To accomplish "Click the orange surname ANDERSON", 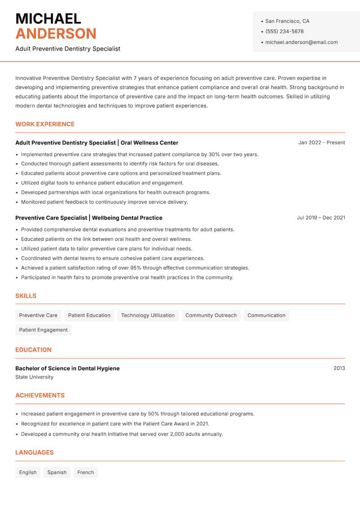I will pyautogui.click(x=56, y=34).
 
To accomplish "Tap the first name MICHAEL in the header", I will pyautogui.click(x=48, y=19).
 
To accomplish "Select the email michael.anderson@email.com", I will pyautogui.click(x=301, y=42).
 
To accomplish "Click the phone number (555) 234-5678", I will pyautogui.click(x=284, y=31).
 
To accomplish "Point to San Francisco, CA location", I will pyautogui.click(x=287, y=21).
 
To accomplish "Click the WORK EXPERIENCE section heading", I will pyautogui.click(x=45, y=124).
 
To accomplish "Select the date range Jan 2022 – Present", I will pyautogui.click(x=321, y=143).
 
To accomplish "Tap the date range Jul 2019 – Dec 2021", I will pyautogui.click(x=321, y=218).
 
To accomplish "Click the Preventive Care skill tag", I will pyautogui.click(x=38, y=315).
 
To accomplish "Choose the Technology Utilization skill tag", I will pyautogui.click(x=148, y=315).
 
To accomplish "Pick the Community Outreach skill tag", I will pyautogui.click(x=211, y=315).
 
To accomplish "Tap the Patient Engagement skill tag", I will pyautogui.click(x=43, y=330).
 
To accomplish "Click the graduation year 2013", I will pyautogui.click(x=339, y=368).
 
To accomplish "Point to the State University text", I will pyautogui.click(x=34, y=377).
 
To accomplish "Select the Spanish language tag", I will pyautogui.click(x=57, y=472).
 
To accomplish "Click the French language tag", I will pyautogui.click(x=85, y=472).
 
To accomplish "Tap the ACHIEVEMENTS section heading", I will pyautogui.click(x=40, y=395).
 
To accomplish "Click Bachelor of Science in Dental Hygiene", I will pyautogui.click(x=67, y=368).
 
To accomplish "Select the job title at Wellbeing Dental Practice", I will pyautogui.click(x=51, y=218).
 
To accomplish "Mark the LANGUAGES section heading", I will pyautogui.click(x=34, y=452).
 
